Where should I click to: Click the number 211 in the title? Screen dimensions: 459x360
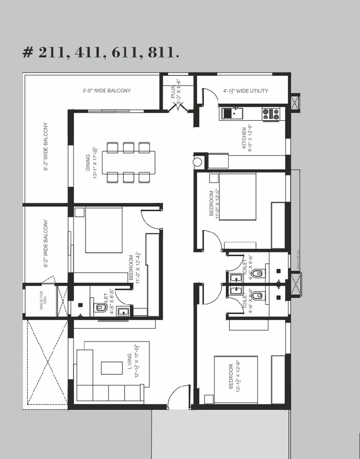(x=54, y=52)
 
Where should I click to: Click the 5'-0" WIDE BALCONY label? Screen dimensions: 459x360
(x=106, y=91)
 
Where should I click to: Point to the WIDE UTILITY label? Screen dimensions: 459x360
(x=245, y=91)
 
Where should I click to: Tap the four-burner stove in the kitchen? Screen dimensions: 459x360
(x=271, y=114)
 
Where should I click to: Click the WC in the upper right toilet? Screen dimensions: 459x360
(x=258, y=274)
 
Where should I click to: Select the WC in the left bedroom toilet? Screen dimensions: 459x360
(x=100, y=307)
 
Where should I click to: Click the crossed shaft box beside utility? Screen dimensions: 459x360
(x=296, y=101)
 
